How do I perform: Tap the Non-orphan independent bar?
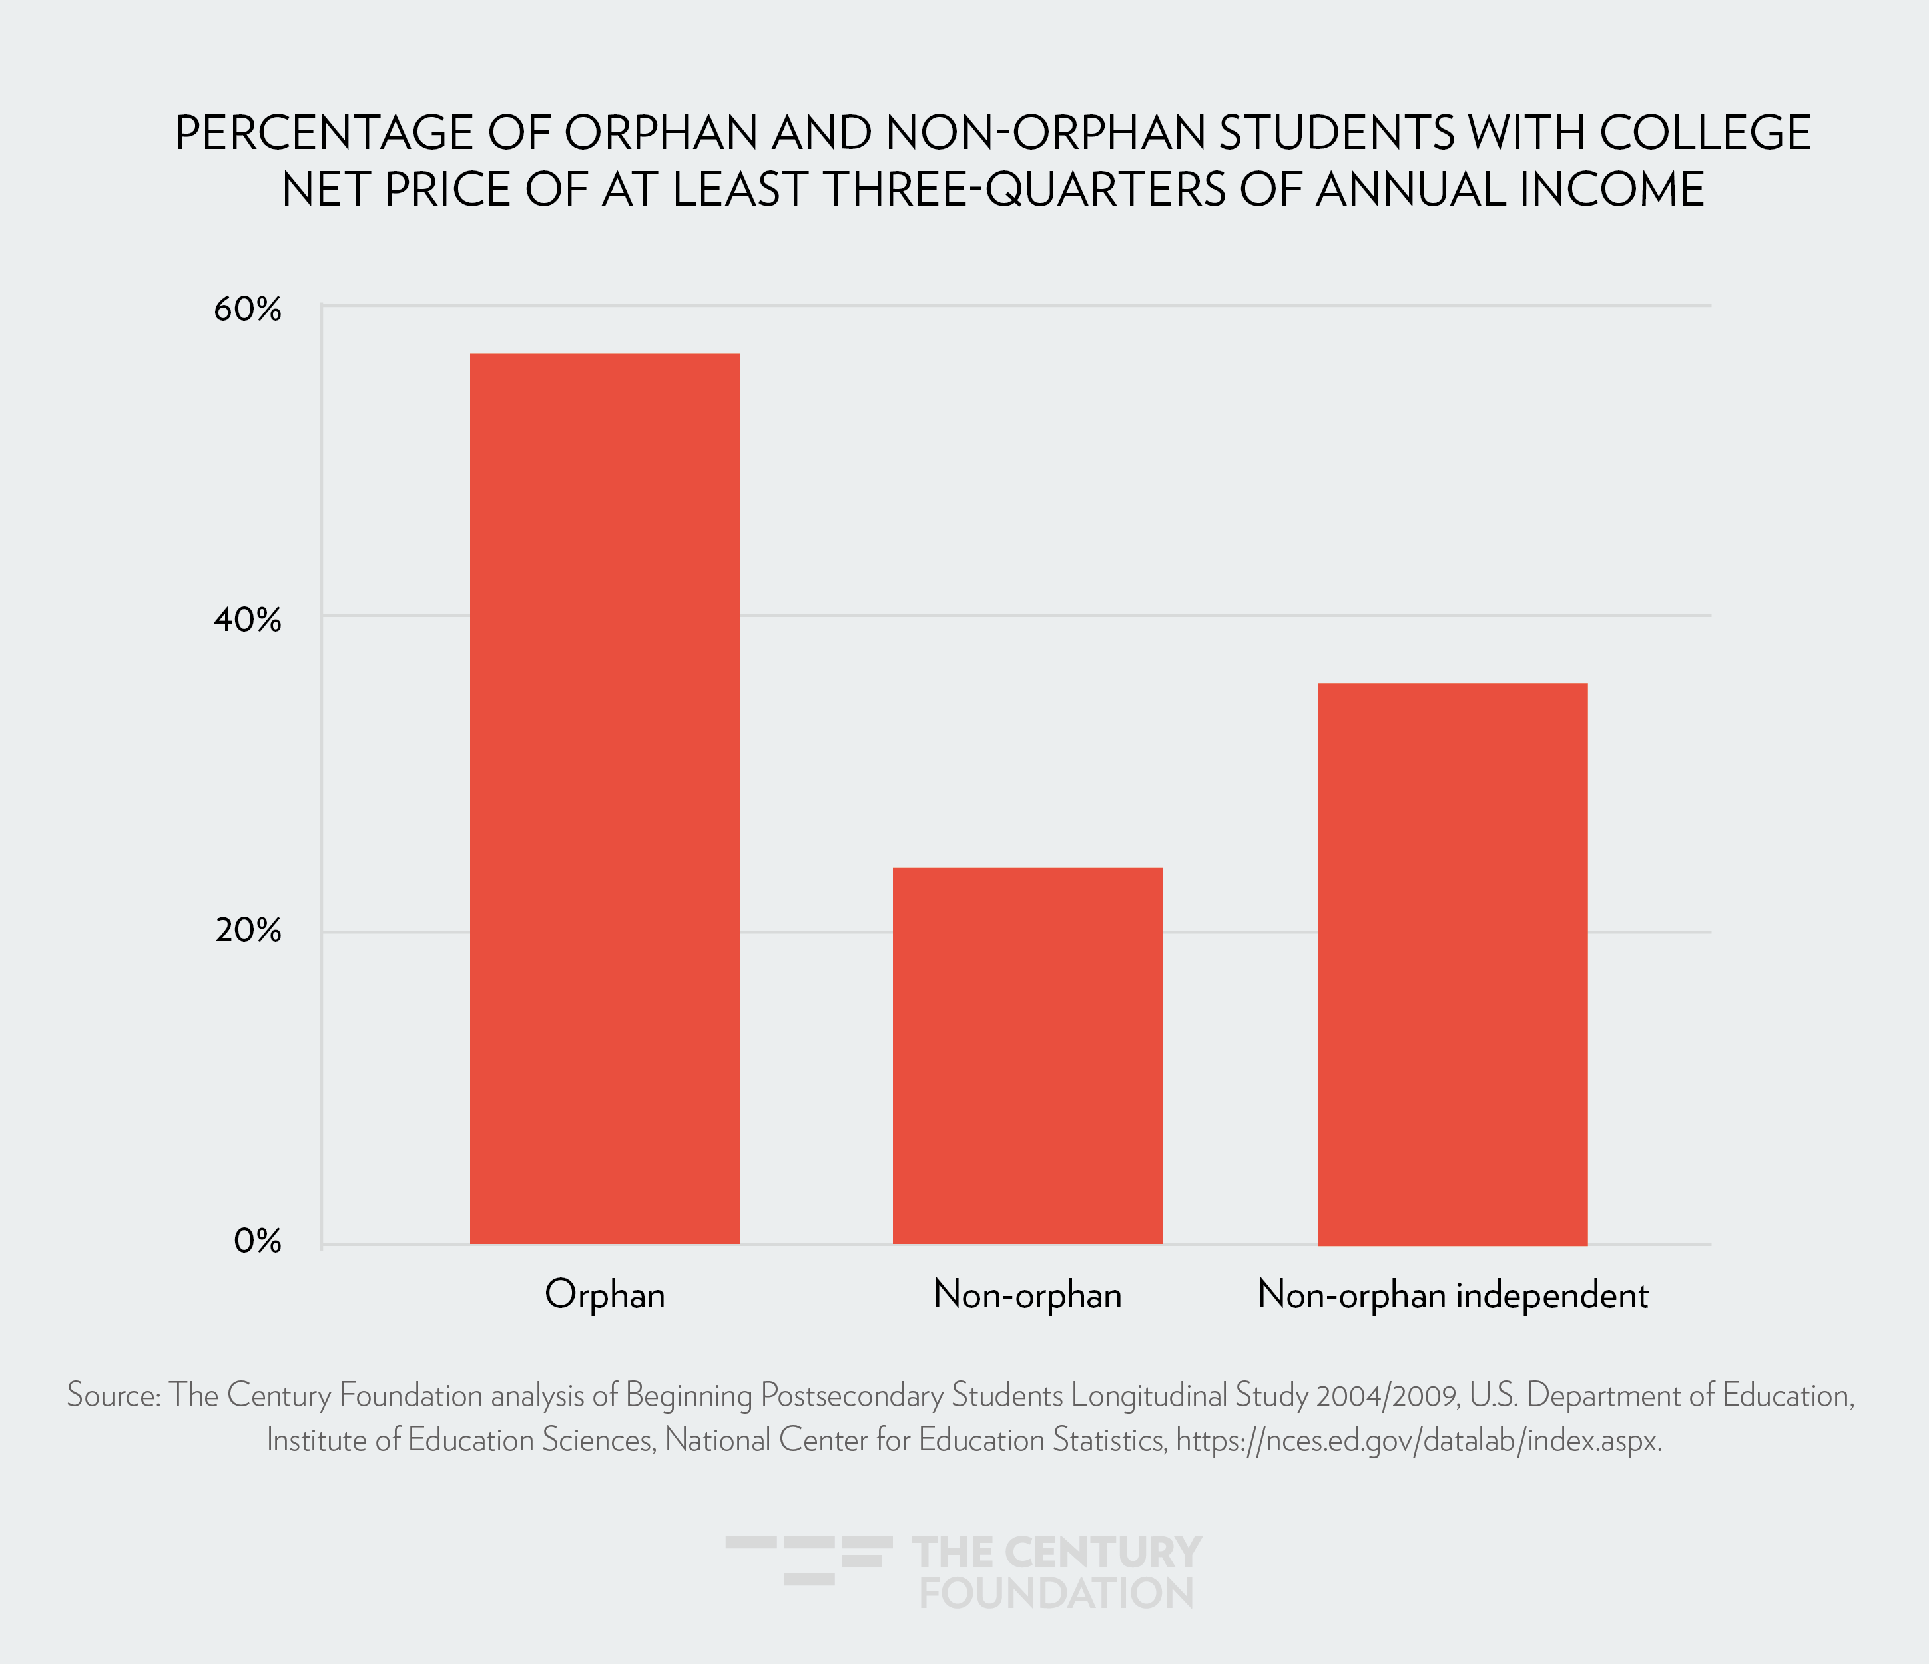[x=1452, y=963]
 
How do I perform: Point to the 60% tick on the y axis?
[x=247, y=309]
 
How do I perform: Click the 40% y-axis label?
[x=247, y=620]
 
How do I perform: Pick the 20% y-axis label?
[x=247, y=930]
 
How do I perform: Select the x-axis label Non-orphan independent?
[x=1452, y=1295]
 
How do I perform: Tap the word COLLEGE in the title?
[x=1705, y=133]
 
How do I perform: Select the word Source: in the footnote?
[x=114, y=1396]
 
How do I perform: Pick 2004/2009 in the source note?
[x=1387, y=1396]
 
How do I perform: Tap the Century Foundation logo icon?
[x=808, y=1560]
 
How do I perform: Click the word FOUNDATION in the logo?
[x=1056, y=1593]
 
